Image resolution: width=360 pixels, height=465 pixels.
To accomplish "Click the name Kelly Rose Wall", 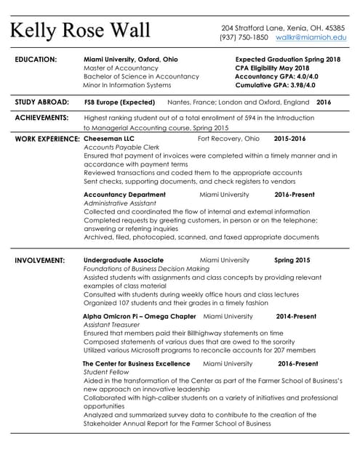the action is pos(80,31).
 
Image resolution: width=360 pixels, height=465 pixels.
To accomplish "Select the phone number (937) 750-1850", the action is pos(244,37).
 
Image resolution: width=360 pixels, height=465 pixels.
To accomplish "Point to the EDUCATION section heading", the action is pos(36,59).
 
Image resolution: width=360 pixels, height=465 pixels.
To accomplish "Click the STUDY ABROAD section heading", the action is pos(42,102).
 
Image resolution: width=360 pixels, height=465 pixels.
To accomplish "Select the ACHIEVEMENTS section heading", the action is pos(41,117).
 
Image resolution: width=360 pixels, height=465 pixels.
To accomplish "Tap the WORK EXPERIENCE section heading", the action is pos(47,138).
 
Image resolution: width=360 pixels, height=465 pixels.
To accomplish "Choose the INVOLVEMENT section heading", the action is pos(40,260).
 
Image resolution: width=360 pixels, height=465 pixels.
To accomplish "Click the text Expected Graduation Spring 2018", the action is pos(288,59).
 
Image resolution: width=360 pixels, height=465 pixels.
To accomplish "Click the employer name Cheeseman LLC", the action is pos(109,138).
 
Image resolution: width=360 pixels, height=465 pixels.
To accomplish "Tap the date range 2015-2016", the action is pos(289,138).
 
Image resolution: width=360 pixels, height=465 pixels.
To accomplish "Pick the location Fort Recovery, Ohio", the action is pos(228,138).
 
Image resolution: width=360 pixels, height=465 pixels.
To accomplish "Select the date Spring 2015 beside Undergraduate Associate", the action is pos(292,260).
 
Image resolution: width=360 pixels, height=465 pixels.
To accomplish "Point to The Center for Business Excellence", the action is pos(136,363).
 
